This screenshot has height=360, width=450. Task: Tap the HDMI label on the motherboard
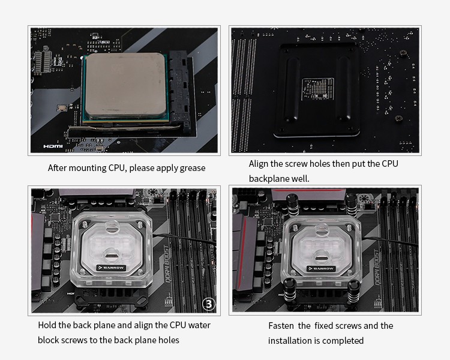pos(53,146)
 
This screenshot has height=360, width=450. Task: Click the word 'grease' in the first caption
pos(190,168)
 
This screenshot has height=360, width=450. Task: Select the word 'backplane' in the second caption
pos(269,179)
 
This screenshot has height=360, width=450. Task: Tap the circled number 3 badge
pos(208,304)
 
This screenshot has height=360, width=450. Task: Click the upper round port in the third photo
pos(112,227)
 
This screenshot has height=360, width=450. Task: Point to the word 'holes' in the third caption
pos(167,340)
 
